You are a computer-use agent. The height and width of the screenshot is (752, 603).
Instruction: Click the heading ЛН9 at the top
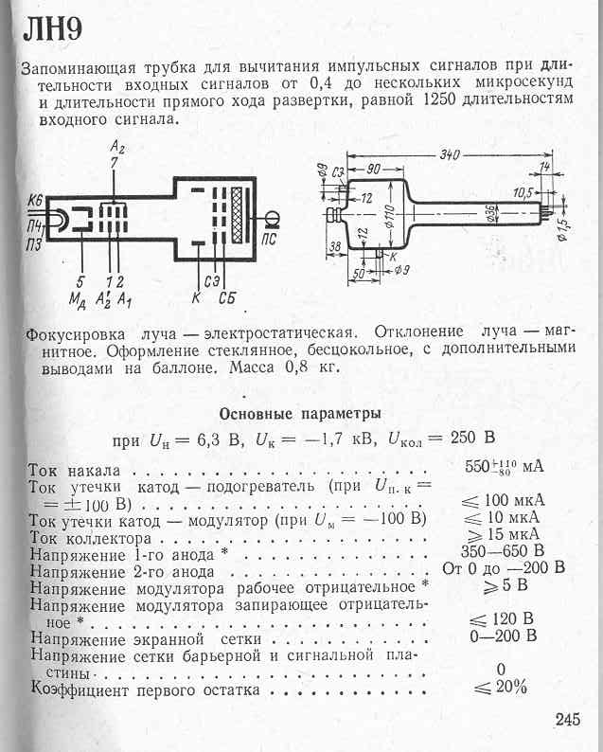[52, 31]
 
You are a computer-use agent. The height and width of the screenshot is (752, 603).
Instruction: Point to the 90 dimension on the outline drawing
[375, 170]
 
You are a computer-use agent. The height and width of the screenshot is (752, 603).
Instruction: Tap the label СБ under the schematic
[226, 300]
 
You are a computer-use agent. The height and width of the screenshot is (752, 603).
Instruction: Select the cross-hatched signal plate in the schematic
[250, 216]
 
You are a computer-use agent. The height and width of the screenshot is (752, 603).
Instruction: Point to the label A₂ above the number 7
[116, 149]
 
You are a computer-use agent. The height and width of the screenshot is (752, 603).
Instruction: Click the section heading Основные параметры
[300, 414]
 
